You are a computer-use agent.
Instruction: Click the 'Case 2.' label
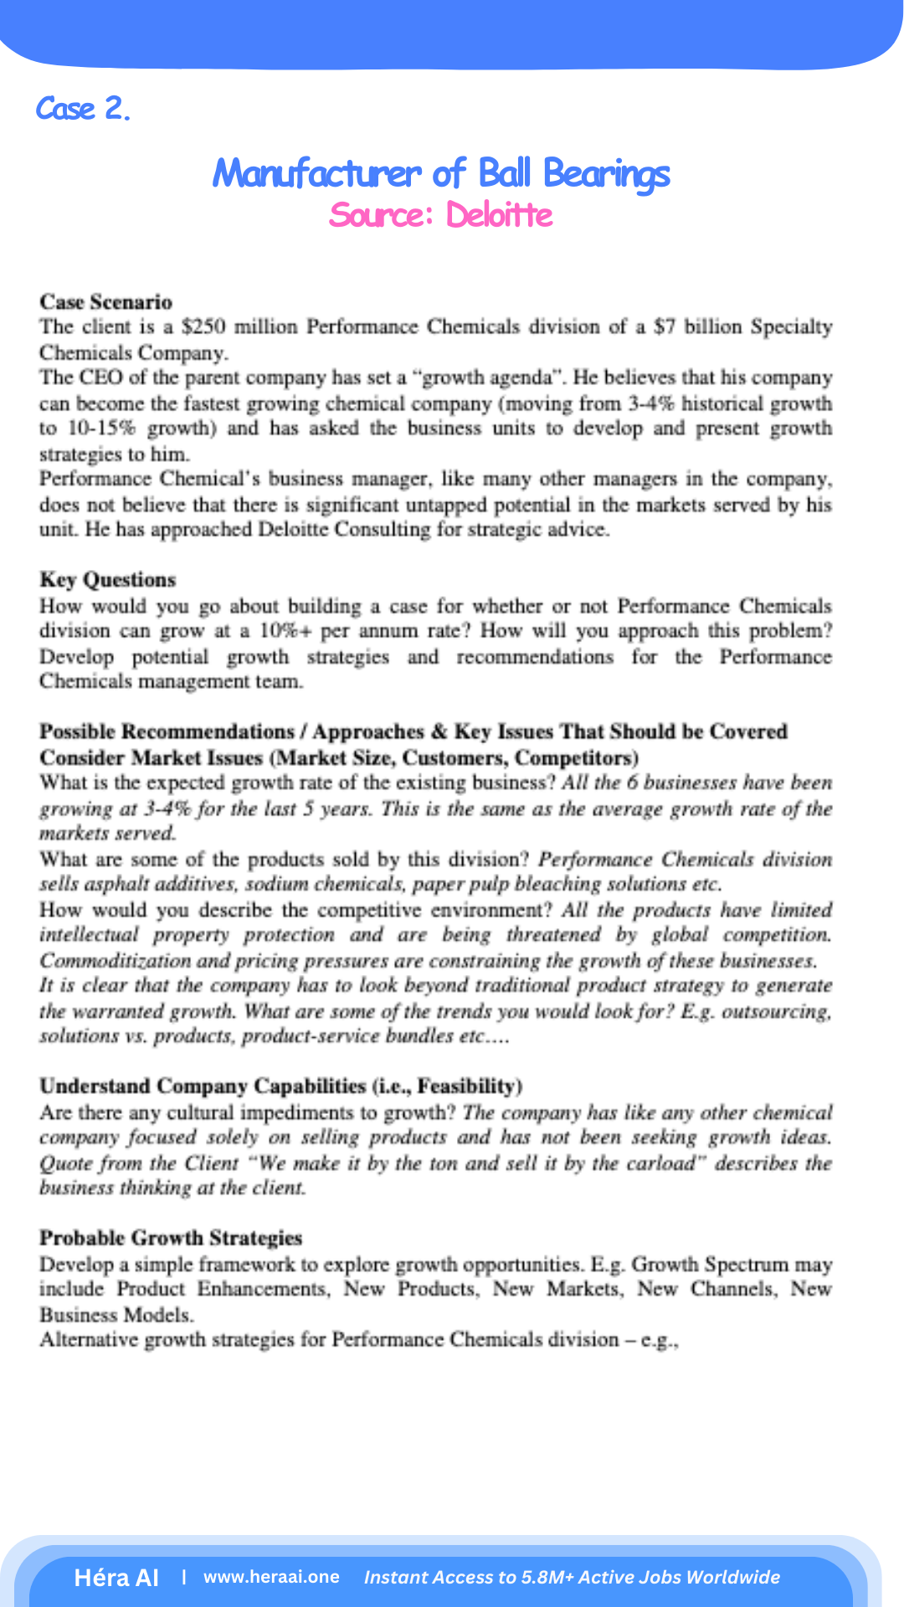click(83, 109)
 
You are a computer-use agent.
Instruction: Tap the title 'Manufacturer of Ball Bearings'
click(441, 173)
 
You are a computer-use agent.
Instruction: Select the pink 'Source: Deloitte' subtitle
click(441, 215)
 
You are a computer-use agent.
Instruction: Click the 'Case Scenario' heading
click(105, 302)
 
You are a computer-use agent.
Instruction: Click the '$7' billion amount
click(665, 327)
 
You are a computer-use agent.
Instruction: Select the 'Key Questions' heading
click(107, 580)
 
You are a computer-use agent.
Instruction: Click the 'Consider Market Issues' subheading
click(151, 758)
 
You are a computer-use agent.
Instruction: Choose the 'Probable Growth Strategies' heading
click(171, 1238)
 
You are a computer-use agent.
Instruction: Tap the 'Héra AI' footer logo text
click(116, 1578)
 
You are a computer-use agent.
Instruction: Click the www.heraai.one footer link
click(271, 1578)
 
